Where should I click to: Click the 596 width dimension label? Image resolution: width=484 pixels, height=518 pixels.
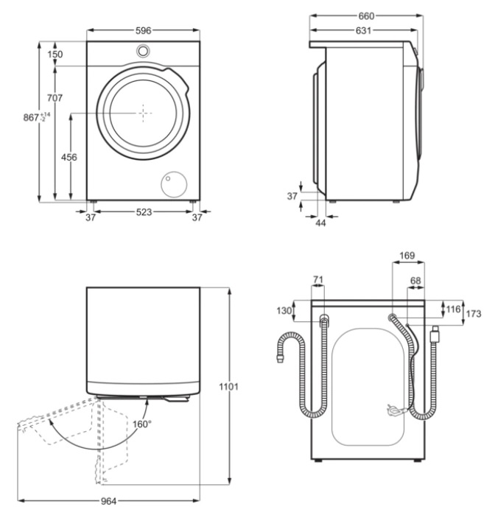click(x=143, y=30)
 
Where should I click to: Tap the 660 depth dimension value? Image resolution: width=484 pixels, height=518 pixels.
click(x=366, y=16)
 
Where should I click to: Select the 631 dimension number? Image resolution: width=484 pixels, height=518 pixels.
click(x=363, y=30)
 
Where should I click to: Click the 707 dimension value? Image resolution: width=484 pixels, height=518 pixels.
click(x=55, y=98)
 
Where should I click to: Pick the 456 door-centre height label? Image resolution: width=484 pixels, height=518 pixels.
click(x=69, y=157)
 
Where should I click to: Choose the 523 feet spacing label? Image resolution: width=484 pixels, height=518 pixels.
click(x=144, y=211)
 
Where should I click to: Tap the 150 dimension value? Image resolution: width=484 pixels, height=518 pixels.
click(x=55, y=54)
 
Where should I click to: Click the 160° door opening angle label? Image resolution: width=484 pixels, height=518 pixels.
click(x=142, y=424)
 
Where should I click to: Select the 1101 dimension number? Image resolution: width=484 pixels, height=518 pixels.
click(x=228, y=386)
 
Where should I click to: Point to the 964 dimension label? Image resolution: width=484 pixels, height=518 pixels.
click(x=108, y=501)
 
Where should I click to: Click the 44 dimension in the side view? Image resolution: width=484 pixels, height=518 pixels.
click(x=320, y=223)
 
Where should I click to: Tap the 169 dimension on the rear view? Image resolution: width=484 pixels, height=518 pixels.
click(x=407, y=256)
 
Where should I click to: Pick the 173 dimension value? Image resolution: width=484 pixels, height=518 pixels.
click(x=474, y=313)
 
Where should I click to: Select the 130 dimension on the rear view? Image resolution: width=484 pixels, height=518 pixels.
click(x=284, y=310)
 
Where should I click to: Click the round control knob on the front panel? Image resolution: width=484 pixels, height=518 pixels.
click(x=143, y=51)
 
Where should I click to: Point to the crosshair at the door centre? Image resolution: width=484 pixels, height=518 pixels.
click(x=143, y=113)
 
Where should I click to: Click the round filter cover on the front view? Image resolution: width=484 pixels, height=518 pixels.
click(x=174, y=184)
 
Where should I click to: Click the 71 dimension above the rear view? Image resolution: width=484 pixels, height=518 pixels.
click(x=318, y=279)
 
